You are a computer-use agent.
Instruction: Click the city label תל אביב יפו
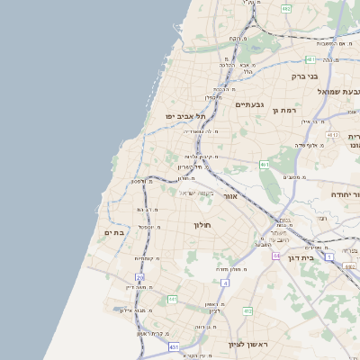click(186, 116)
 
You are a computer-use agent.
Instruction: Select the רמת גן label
click(283, 110)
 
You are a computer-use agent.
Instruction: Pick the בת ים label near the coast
click(113, 232)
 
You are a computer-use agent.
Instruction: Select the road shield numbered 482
click(286, 8)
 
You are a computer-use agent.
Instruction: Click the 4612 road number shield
click(332, 135)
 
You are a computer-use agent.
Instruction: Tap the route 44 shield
click(276, 256)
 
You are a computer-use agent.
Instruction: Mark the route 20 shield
click(139, 277)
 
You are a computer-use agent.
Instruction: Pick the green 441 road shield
click(172, 298)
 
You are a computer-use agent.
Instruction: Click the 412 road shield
click(247, 310)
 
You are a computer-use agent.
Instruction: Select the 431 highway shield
click(173, 346)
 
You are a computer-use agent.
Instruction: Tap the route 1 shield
click(329, 257)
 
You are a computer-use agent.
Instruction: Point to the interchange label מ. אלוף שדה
click(313, 144)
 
